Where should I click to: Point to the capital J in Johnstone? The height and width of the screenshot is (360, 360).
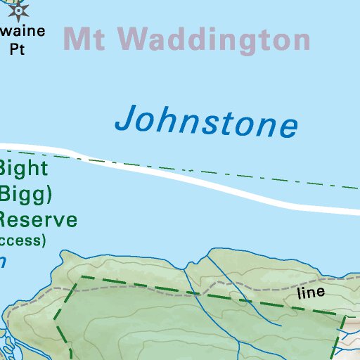point(126,118)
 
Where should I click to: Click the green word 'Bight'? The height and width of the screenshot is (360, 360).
point(24,169)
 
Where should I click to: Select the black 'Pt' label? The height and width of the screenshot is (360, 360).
point(16,49)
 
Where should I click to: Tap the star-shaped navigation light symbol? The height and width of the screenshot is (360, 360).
point(18,9)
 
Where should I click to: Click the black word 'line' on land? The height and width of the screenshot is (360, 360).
point(311,292)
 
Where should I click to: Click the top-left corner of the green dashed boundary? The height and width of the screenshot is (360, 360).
point(82,277)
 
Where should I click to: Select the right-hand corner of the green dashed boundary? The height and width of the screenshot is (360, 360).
point(345,316)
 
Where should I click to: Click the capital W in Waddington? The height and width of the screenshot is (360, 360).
point(134,39)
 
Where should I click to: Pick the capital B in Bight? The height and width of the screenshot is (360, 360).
point(5,169)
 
